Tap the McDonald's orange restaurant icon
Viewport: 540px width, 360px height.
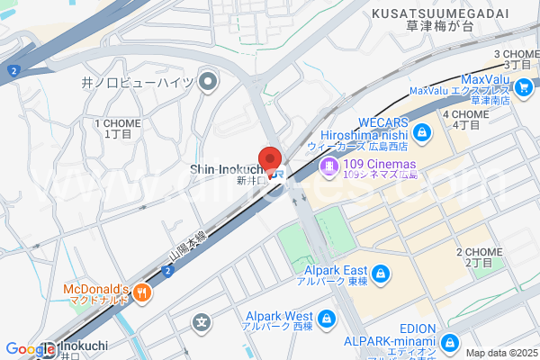click(146, 290)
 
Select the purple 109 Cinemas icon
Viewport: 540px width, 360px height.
click(329, 165)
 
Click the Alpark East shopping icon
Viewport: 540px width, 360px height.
click(381, 272)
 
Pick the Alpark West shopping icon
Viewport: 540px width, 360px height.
click(326, 317)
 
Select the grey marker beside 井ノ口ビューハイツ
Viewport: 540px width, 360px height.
click(209, 84)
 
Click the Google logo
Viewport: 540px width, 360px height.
click(29, 348)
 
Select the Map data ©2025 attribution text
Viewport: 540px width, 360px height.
click(499, 353)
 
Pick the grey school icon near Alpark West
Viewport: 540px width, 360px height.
click(203, 322)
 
